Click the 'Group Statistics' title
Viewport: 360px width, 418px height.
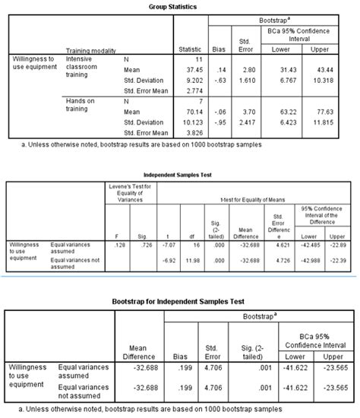coord(182,5)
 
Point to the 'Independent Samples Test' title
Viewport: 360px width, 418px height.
coord(181,173)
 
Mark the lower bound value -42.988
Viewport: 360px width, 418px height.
coord(311,261)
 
